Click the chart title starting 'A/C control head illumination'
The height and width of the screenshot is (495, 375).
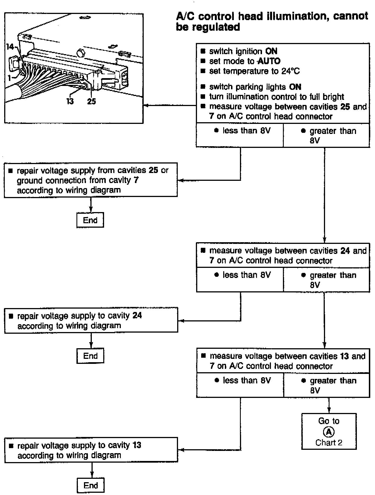[272, 21]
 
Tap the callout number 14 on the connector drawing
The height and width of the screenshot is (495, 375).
[10, 47]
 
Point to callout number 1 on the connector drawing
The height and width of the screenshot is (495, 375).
[9, 78]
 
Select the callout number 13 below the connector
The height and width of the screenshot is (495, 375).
[70, 101]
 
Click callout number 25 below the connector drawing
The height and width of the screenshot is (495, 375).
[91, 101]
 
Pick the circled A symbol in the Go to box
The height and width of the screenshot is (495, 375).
[329, 432]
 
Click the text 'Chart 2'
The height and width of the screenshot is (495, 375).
[329, 443]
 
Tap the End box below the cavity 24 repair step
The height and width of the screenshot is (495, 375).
[90, 356]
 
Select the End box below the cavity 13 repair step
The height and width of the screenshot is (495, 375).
[91, 485]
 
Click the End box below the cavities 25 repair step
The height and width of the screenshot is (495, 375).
[90, 220]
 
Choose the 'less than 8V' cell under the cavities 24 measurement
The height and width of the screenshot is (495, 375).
[240, 280]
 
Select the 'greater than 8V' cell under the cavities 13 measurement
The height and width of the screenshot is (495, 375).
[326, 385]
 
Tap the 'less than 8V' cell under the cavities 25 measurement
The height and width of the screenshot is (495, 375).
[240, 135]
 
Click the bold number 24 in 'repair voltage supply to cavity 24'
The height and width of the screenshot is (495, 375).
[137, 316]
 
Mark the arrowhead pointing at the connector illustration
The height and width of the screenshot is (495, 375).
[145, 105]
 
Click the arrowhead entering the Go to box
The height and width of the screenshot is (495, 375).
[329, 411]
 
